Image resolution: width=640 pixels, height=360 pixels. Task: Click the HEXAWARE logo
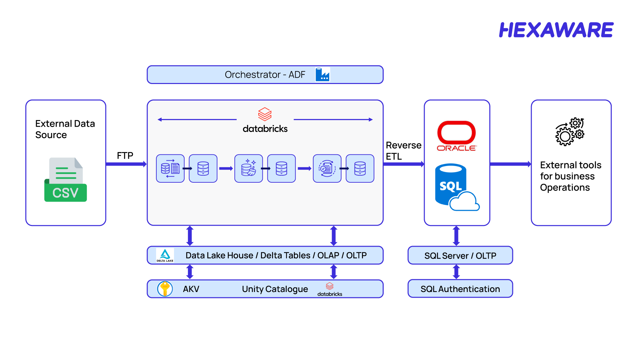point(556,30)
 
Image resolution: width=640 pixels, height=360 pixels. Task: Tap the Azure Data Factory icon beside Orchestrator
point(322,74)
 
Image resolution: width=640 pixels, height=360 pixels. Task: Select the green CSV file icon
point(66,180)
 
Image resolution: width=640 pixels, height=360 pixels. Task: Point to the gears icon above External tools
point(570,132)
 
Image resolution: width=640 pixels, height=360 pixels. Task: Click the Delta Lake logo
point(165,255)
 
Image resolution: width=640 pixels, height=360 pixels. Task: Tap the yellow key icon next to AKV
point(165,289)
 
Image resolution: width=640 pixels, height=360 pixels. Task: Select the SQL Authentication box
point(460,289)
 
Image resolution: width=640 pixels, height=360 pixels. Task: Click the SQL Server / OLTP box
point(460,255)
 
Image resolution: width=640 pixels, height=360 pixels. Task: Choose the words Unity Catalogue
point(275,289)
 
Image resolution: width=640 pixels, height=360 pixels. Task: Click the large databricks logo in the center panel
point(265,120)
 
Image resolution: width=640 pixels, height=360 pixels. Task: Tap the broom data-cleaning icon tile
point(248,168)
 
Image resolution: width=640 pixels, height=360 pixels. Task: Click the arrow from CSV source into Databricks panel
point(126,164)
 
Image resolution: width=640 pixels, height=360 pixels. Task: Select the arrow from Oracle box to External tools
point(510,164)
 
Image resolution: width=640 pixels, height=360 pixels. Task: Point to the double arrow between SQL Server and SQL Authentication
point(456,272)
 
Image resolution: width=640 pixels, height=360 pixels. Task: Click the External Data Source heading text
point(65,129)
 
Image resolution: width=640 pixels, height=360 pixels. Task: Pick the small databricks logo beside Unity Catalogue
point(330,289)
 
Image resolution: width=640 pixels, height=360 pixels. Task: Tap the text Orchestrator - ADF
point(265,75)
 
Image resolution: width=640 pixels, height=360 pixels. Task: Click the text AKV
point(191,289)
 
